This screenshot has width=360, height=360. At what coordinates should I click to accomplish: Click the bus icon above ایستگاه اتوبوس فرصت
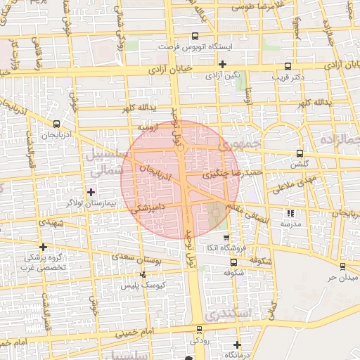click(195, 37)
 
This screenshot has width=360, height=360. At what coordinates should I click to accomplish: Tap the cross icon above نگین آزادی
click(222, 64)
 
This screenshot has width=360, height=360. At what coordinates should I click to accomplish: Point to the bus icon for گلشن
click(300, 153)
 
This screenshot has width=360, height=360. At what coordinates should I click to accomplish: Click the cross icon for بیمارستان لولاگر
click(91, 192)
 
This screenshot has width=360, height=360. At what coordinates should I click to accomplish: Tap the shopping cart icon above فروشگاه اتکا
click(226, 238)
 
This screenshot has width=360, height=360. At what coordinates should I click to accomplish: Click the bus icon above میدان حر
click(342, 266)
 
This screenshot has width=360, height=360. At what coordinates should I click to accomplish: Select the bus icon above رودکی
click(199, 329)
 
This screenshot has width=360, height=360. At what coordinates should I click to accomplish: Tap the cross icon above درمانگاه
click(237, 345)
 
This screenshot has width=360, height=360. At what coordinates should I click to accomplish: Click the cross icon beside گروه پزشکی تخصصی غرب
click(44, 247)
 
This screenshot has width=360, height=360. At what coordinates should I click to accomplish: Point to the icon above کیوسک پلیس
click(143, 275)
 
